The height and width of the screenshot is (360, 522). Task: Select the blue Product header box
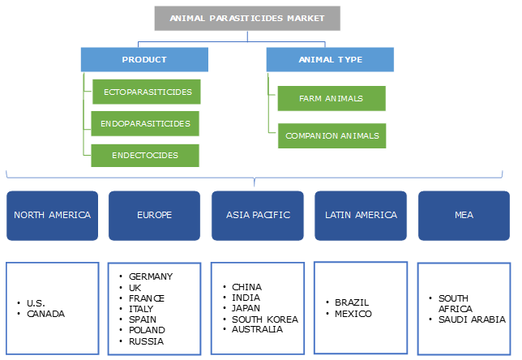(144, 59)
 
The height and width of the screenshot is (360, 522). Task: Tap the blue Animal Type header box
(330, 59)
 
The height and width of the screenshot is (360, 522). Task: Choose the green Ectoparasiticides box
(147, 92)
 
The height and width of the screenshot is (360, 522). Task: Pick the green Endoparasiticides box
(145, 123)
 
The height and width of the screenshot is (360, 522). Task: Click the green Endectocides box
(145, 155)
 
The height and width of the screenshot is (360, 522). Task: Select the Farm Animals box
(331, 98)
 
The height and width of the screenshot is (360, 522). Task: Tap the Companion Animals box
(332, 135)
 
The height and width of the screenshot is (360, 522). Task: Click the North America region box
(52, 216)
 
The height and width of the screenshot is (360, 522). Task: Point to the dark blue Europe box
(155, 216)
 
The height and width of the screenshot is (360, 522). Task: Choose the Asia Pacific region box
(258, 216)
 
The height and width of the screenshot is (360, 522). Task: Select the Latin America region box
(361, 216)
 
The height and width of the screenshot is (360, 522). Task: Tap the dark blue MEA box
(464, 216)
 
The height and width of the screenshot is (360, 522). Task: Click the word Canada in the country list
(45, 313)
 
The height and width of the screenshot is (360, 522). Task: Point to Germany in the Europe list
(150, 276)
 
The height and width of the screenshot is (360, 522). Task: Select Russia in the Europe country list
(146, 341)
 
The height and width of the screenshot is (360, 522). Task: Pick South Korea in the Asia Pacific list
(264, 319)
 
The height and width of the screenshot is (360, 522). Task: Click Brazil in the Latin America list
(353, 302)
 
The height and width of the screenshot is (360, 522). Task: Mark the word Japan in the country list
(247, 308)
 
